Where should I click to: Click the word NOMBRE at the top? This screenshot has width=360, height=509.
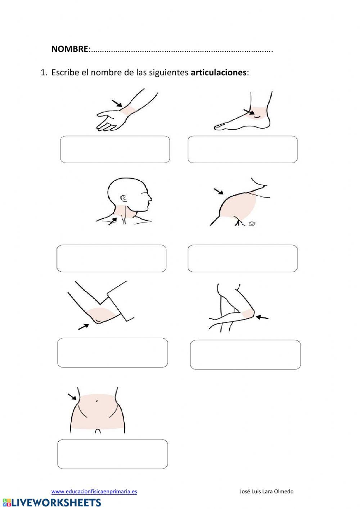[69, 49]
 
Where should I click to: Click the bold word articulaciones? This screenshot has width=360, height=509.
[219, 72]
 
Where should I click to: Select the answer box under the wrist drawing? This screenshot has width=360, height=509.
[115, 149]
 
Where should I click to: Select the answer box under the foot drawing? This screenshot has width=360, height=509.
[242, 149]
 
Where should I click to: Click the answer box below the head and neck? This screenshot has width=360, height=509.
[112, 258]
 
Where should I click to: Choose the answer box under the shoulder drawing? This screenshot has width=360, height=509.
[242, 258]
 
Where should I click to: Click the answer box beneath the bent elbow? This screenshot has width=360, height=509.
[112, 352]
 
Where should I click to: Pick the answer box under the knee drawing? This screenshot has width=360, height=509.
[245, 354]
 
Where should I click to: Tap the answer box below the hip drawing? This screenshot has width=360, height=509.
[112, 454]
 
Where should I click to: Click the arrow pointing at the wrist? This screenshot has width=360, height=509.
[117, 104]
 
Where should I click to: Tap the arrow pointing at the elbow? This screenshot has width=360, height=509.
[84, 326]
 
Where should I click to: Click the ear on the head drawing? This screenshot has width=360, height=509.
[124, 198]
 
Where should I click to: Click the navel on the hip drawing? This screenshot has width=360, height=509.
[96, 401]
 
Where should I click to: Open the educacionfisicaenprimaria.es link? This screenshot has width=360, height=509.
[94, 491]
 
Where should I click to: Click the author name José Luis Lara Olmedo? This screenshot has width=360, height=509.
[266, 491]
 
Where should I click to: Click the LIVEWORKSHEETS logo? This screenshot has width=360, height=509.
[52, 503]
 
